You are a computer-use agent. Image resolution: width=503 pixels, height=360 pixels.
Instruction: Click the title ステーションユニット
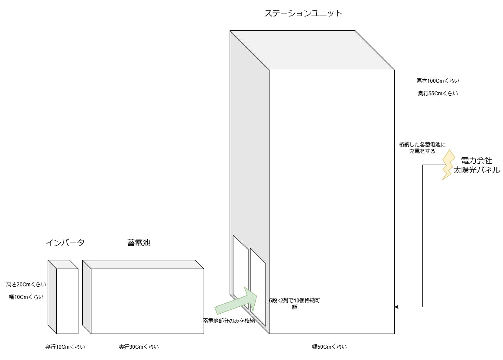[x=303, y=13]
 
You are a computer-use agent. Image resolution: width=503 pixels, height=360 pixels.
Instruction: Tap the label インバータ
[x=65, y=243]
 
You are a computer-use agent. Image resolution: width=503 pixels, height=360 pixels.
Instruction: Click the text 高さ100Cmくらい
[x=438, y=81]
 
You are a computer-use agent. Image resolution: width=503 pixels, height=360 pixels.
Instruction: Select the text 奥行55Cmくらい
[x=438, y=93]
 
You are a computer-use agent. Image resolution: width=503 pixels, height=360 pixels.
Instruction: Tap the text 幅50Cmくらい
[x=329, y=347]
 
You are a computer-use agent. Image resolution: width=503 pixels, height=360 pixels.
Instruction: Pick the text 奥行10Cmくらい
[x=65, y=347]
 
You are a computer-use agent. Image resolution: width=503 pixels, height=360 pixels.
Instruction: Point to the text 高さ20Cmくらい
[x=26, y=284]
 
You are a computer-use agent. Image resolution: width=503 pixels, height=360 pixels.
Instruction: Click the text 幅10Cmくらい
[x=26, y=297]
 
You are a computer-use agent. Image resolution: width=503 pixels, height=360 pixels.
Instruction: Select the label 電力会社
[x=477, y=161]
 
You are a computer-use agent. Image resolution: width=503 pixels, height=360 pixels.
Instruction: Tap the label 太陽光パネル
[x=477, y=170]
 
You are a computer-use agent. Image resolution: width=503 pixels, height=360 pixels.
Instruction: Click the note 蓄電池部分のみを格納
[x=228, y=321]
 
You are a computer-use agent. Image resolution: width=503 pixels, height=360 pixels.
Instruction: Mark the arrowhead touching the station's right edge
[x=397, y=307]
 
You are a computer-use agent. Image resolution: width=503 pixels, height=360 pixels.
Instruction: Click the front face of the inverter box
[x=67, y=301]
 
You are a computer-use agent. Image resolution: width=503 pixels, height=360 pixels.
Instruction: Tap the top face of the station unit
[x=312, y=50]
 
